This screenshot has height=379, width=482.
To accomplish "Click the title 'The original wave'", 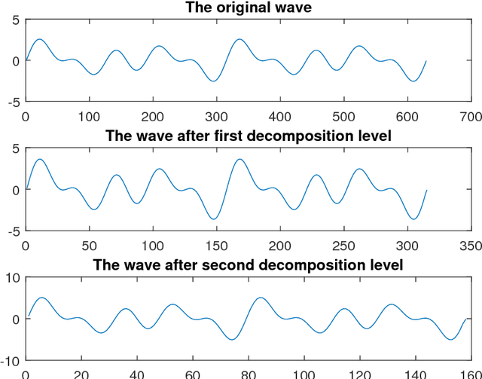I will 248,8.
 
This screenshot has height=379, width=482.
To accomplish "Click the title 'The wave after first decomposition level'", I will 248,136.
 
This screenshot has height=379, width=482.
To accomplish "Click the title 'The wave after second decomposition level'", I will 248,265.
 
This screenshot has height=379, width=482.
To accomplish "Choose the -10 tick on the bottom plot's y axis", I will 13,360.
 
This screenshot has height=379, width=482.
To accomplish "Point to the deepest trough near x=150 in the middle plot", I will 215,219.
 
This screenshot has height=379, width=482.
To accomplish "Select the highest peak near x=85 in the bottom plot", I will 261,298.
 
